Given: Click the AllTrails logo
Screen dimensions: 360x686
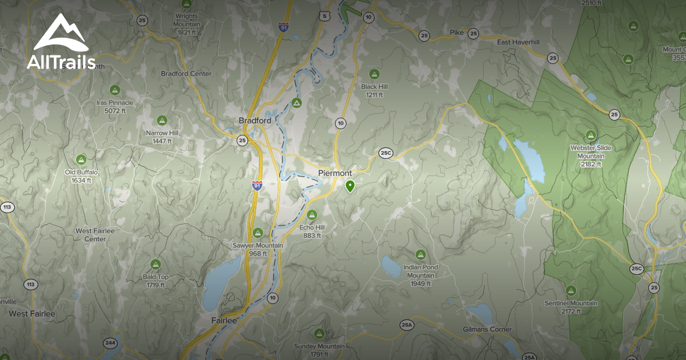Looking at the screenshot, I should click(61, 43).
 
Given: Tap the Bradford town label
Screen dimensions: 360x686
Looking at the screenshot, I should click(255, 121).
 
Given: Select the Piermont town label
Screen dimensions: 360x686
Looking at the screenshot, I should click(335, 173).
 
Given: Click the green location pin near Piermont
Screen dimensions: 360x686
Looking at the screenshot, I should click(350, 186).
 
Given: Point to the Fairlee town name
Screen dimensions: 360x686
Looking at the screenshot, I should click(224, 321).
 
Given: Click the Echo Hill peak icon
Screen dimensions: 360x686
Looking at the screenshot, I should click(312, 215).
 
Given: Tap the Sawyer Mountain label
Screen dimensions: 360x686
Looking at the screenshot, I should click(258, 249).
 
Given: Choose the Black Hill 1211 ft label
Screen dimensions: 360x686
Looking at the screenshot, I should click(374, 90).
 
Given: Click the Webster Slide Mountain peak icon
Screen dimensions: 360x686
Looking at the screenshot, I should click(591, 135).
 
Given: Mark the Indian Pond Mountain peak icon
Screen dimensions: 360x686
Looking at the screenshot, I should click(421, 254).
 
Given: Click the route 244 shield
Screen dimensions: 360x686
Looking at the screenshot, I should click(110, 343).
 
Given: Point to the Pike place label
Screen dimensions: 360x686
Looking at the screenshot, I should click(457, 33).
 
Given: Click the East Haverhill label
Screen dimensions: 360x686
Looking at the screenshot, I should click(519, 42).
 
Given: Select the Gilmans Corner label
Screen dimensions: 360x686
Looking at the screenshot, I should click(487, 330).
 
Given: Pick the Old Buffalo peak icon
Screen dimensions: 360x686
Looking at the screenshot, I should click(81, 159).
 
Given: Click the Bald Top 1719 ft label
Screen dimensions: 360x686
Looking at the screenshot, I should click(155, 280).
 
